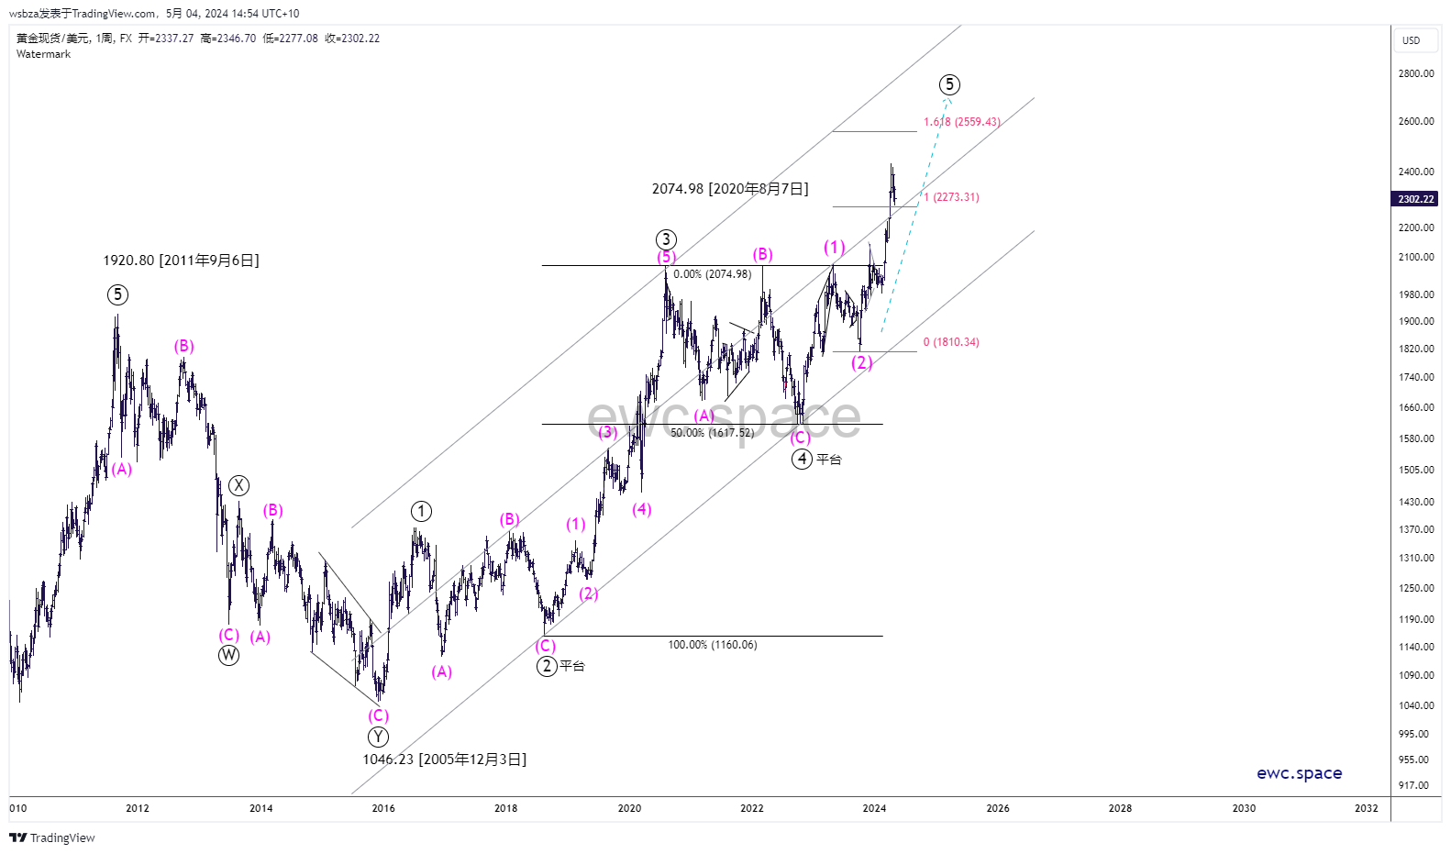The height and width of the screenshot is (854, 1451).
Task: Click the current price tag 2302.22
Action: point(1415,199)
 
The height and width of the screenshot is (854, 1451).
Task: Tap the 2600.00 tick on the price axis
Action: point(1415,121)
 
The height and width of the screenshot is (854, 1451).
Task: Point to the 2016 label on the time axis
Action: point(383,808)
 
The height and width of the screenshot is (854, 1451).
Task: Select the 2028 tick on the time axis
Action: point(1120,808)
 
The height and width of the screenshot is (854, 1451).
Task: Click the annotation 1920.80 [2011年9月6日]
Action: point(181,261)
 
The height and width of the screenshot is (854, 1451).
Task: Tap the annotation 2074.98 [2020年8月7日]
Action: point(730,189)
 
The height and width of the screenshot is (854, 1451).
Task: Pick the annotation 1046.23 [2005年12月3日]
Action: point(444,760)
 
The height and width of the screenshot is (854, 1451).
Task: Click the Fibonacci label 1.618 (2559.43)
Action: point(961,122)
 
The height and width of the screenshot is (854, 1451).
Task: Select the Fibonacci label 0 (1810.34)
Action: point(951,342)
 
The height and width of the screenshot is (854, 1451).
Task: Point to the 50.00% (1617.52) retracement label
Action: point(712,433)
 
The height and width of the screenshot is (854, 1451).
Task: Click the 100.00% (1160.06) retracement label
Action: point(713,645)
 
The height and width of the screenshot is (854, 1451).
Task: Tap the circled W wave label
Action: point(228,655)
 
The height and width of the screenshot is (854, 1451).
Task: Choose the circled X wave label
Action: point(238,485)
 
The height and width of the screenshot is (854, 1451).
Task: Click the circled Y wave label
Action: point(378,737)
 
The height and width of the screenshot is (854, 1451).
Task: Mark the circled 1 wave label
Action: point(421,511)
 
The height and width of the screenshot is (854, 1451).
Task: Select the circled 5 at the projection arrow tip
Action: point(949,84)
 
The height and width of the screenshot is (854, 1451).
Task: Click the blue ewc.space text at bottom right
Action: point(1299,773)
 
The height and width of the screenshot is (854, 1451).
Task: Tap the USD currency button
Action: point(1411,40)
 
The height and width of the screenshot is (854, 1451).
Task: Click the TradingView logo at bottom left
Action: point(52,837)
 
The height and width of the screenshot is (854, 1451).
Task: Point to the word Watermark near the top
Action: point(43,54)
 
